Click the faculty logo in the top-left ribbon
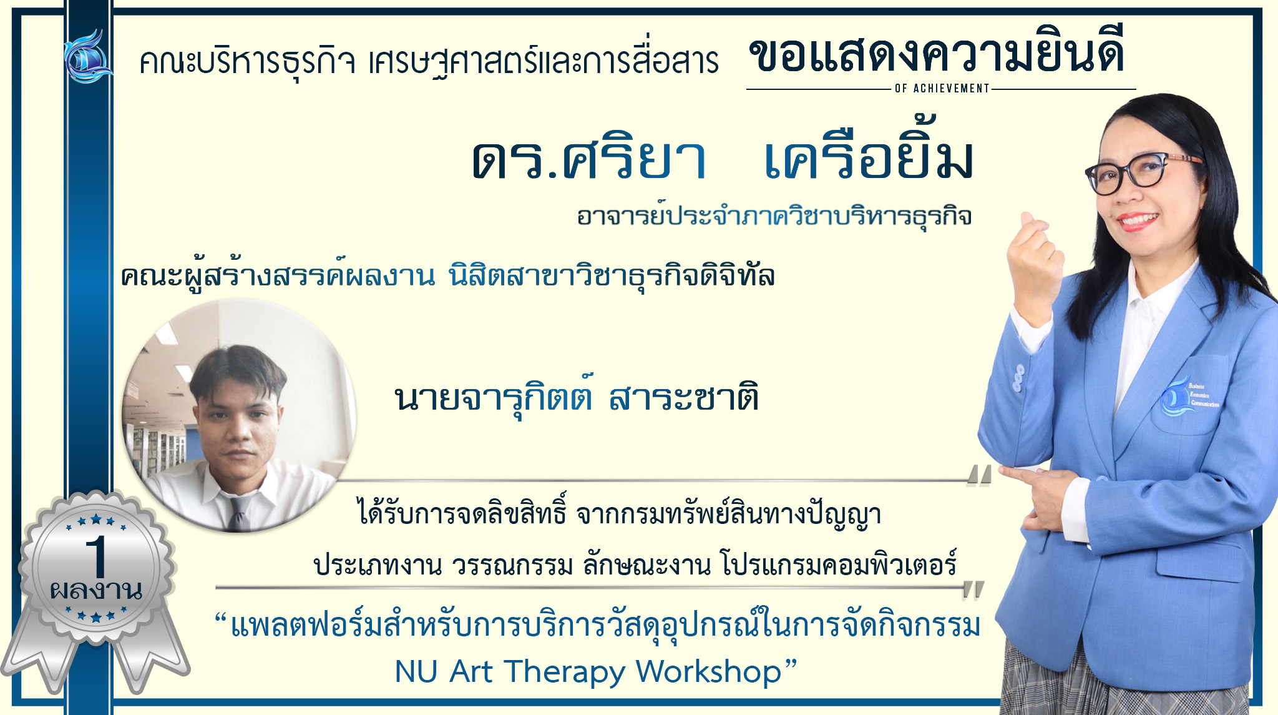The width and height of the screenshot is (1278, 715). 88,56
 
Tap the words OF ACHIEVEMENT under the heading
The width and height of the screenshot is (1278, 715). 942,89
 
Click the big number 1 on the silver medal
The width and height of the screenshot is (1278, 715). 97,556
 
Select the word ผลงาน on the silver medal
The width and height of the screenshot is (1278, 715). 96,589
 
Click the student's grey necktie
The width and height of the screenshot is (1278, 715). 238,510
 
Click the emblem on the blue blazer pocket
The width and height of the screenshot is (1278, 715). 1188,397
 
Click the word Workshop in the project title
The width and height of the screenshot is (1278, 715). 709,672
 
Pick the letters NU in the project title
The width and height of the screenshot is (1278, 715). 416,672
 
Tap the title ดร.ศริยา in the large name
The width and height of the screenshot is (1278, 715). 589,159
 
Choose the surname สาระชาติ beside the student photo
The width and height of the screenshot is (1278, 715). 684,398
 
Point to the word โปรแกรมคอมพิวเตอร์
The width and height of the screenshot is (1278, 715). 838,564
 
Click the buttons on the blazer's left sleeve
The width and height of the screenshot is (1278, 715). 1018,378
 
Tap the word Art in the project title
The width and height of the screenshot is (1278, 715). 471,672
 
